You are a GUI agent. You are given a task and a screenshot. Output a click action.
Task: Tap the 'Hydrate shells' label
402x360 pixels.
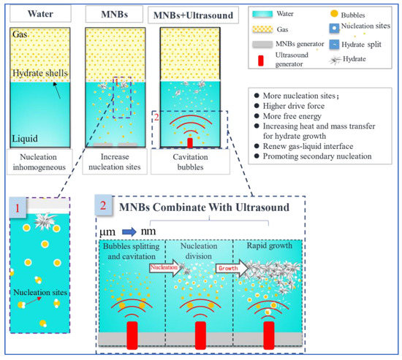(40, 73)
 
